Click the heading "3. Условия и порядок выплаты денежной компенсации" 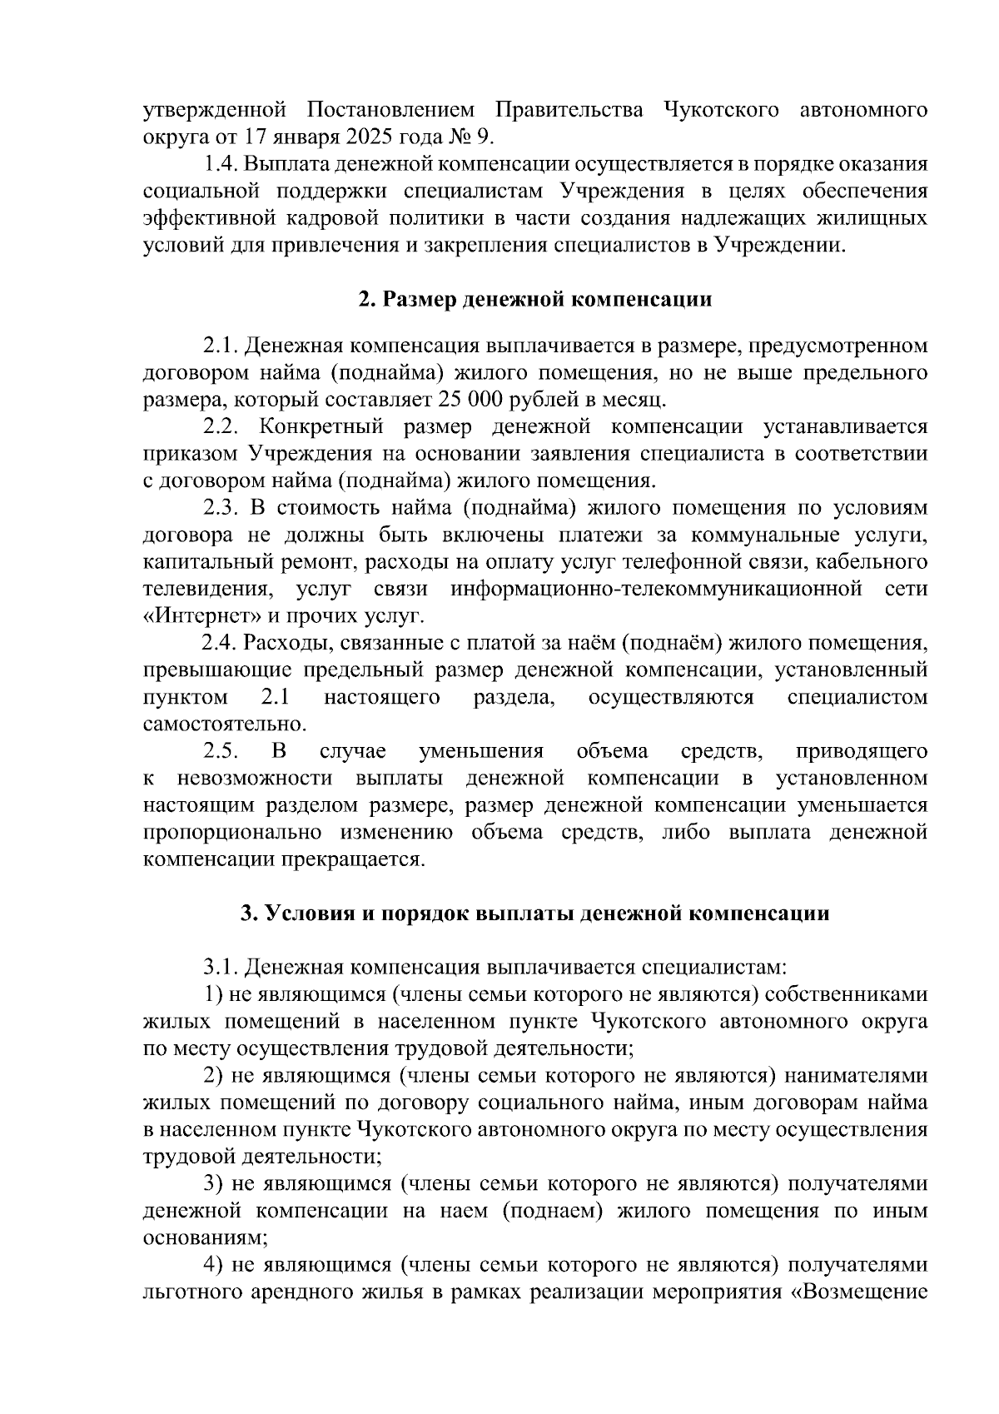click(534, 914)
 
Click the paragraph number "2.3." click(222, 508)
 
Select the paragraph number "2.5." click(222, 752)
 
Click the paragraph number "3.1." click(222, 968)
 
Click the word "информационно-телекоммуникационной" click(655, 590)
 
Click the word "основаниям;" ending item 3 click(206, 1238)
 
